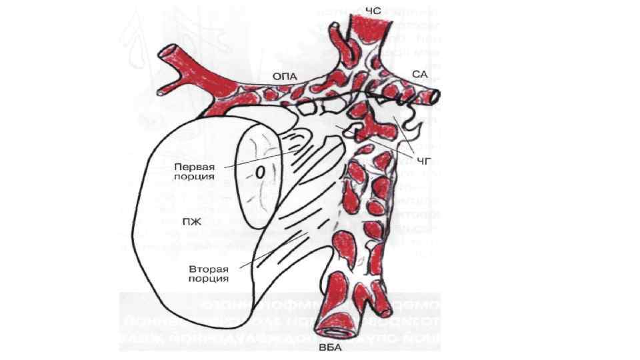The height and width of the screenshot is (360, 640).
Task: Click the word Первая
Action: [194, 167]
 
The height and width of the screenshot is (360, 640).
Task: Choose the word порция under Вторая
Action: [209, 279]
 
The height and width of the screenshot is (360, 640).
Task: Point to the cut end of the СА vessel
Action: [435, 96]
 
